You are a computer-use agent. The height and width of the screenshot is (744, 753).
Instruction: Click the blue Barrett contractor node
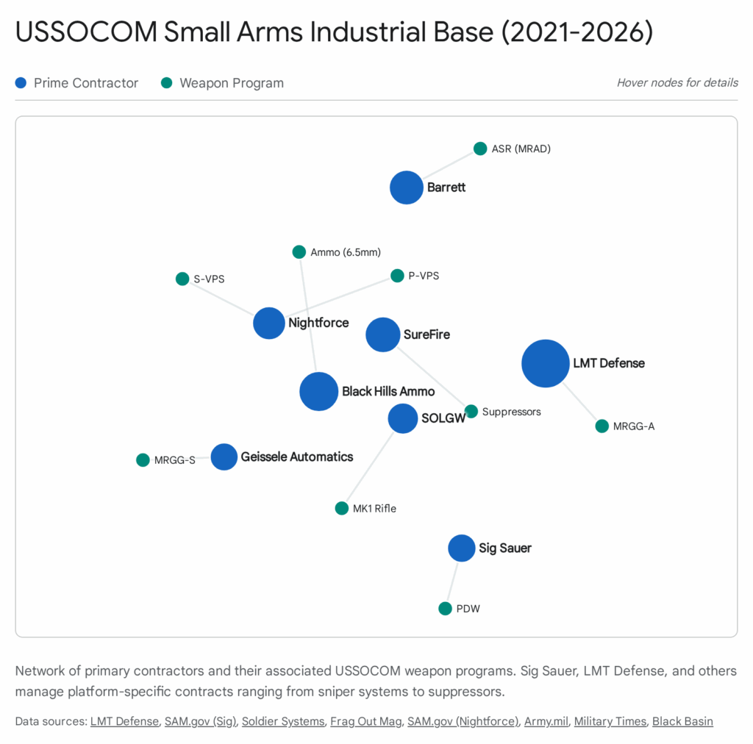[x=407, y=187]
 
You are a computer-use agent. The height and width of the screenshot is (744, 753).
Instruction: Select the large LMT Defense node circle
[x=545, y=363]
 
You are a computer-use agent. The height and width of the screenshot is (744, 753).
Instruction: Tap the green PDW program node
[x=445, y=609]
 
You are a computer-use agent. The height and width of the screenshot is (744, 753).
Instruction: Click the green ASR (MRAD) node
[x=480, y=149]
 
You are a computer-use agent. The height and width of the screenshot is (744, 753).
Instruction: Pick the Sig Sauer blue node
[x=462, y=548]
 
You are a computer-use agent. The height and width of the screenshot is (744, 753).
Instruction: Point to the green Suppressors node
[x=471, y=411]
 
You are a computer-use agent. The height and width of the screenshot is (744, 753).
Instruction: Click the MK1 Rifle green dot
[x=342, y=508]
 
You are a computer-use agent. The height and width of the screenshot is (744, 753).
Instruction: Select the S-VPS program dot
[x=182, y=279]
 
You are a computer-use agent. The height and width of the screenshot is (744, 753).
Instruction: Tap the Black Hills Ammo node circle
[x=318, y=391]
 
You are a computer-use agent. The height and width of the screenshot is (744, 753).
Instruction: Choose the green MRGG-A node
[x=602, y=426]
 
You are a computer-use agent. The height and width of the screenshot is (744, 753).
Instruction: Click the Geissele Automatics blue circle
[x=224, y=457]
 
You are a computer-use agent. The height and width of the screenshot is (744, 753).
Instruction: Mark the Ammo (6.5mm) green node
[x=299, y=252]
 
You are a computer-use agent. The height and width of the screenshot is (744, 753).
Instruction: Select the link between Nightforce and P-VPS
[x=335, y=299]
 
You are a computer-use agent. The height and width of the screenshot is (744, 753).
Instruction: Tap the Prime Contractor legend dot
[x=21, y=83]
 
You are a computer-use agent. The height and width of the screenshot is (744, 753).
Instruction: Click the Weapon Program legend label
[x=232, y=83]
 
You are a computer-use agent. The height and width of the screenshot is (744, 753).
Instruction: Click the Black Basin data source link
[x=682, y=721]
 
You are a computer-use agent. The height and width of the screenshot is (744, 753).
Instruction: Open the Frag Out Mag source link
[x=365, y=721]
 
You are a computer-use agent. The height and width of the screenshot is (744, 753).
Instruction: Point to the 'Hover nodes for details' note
[x=677, y=83]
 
